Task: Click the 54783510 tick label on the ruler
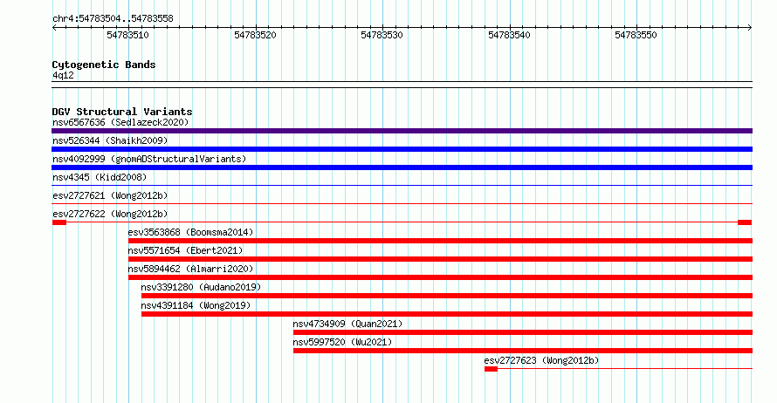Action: click(x=127, y=35)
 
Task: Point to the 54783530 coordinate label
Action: click(x=382, y=35)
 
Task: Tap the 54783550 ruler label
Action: click(x=636, y=35)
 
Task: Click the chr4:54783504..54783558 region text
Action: click(x=113, y=19)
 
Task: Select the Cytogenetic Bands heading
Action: click(x=104, y=65)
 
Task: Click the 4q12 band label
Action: click(x=63, y=75)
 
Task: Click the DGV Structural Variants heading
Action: click(x=122, y=112)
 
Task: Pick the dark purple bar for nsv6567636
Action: click(x=402, y=131)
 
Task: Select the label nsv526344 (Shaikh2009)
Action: click(x=110, y=140)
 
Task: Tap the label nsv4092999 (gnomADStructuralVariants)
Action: click(x=149, y=159)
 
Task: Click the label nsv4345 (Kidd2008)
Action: click(x=100, y=177)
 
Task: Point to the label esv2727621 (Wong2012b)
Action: click(x=110, y=195)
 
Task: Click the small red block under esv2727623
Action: click(x=491, y=369)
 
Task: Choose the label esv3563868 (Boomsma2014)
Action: click(x=191, y=232)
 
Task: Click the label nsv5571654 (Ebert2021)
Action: click(x=185, y=250)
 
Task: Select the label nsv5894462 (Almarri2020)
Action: click(x=191, y=269)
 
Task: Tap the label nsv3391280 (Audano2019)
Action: click(x=201, y=287)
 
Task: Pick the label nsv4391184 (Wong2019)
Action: click(x=196, y=305)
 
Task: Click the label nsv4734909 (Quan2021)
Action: click(x=347, y=324)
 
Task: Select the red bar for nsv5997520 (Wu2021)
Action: click(x=523, y=351)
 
